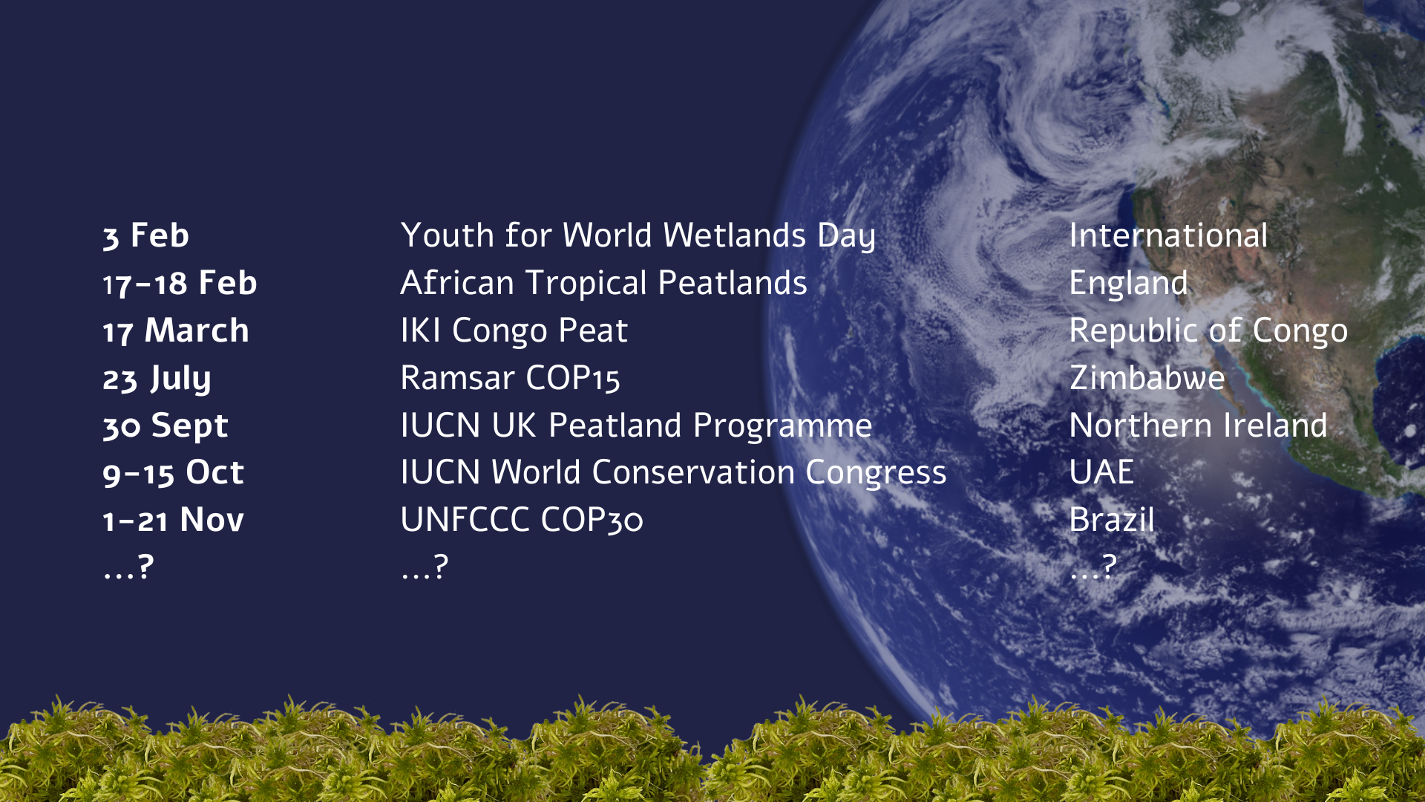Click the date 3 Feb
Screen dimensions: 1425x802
(x=146, y=236)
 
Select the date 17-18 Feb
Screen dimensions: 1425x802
(x=180, y=284)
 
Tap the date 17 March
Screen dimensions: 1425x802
(x=176, y=331)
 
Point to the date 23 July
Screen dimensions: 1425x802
(x=157, y=379)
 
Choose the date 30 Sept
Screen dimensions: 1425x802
(x=166, y=427)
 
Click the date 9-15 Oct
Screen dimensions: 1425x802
(x=174, y=473)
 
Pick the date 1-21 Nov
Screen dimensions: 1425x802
(x=174, y=521)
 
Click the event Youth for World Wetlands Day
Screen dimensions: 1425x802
(x=638, y=237)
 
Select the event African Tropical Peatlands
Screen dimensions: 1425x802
(x=604, y=284)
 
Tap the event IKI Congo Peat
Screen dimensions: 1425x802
(x=514, y=332)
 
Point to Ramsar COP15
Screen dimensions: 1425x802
(x=511, y=379)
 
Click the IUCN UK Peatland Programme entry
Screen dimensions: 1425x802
(x=637, y=427)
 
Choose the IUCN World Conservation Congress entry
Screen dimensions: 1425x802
(x=674, y=474)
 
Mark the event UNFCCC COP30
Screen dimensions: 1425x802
(x=522, y=521)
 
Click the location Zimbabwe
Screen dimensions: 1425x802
(x=1147, y=379)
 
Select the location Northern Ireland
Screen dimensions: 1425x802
(x=1199, y=426)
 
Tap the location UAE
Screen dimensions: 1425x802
(x=1102, y=473)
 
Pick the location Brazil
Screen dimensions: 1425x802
(x=1113, y=521)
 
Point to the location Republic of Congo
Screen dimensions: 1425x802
(x=1209, y=332)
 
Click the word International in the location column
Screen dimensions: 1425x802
(x=1169, y=236)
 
